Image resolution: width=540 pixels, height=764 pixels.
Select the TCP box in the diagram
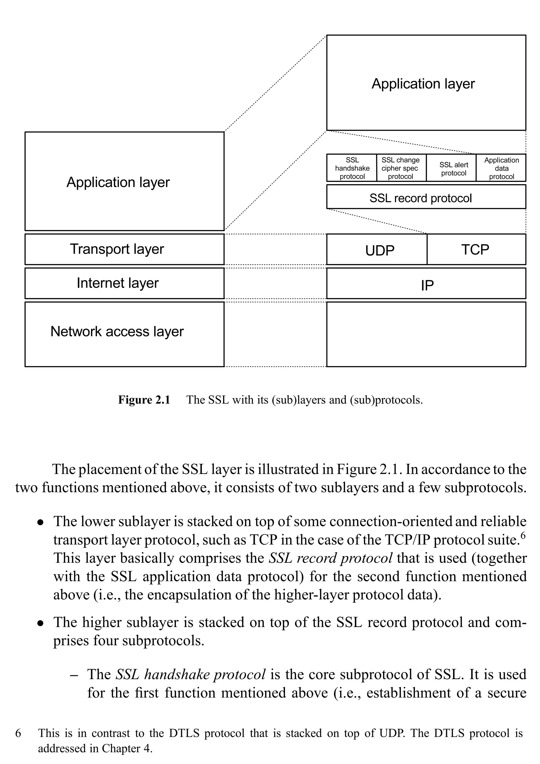coord(476,250)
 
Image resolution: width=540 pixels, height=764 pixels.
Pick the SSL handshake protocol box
coord(352,168)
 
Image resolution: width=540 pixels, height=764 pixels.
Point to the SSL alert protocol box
coord(454,169)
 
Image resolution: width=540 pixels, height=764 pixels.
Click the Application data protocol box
coord(502,168)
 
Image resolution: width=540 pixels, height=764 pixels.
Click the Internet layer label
coord(118,283)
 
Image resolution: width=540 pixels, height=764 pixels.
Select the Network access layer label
coord(117,332)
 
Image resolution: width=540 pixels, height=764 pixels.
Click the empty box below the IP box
coord(426,334)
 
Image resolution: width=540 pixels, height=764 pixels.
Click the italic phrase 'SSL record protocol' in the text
coord(330,558)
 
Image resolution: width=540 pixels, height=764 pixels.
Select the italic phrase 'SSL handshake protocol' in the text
coord(190,674)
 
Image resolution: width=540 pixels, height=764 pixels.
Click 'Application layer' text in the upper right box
coord(423,84)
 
